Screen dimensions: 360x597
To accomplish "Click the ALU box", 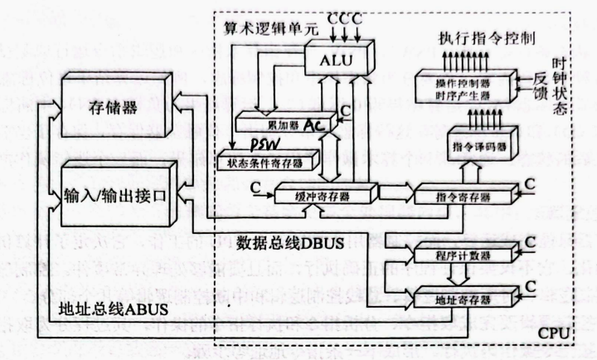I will [x=340, y=60].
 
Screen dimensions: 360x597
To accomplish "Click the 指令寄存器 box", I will [x=459, y=195].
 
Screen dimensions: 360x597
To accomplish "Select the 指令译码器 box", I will [x=478, y=145].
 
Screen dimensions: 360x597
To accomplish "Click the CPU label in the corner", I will [x=556, y=332].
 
